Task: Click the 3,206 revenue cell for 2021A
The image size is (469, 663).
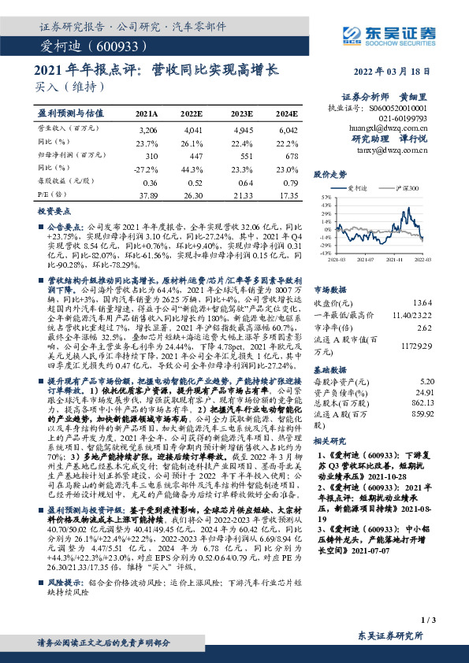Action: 147,128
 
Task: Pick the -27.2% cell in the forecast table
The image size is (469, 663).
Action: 147,169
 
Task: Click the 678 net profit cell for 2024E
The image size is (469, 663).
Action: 289,156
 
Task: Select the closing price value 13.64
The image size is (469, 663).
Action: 423,303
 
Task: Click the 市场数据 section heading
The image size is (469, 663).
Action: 330,289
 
